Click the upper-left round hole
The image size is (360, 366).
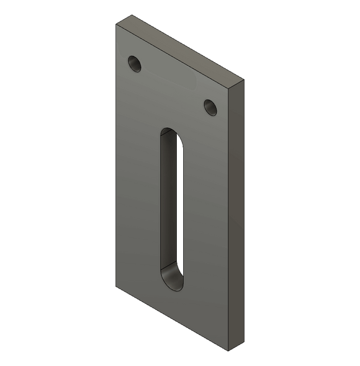(x=135, y=63)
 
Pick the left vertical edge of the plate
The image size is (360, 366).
(x=115, y=155)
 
